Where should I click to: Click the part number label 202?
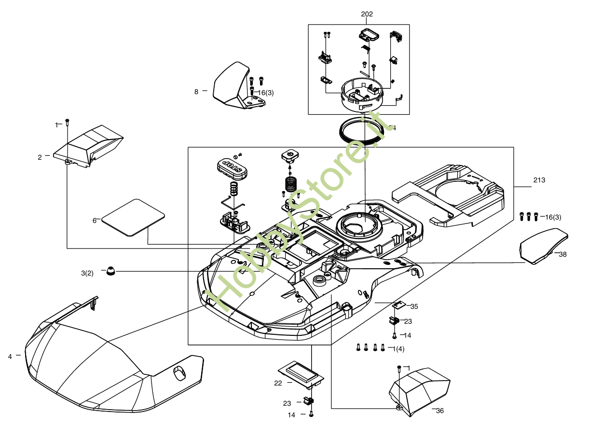point(367,14)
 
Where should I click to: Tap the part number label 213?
point(539,180)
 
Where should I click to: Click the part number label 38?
point(562,254)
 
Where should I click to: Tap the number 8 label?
point(196,92)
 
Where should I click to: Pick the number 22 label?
point(278,383)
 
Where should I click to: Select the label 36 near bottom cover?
point(439,411)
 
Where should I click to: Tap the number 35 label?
point(414,306)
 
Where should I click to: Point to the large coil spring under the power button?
point(290,184)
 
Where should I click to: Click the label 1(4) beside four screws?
point(398,348)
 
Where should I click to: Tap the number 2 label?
point(40,157)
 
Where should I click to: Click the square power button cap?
point(290,155)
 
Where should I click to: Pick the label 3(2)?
point(87,274)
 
